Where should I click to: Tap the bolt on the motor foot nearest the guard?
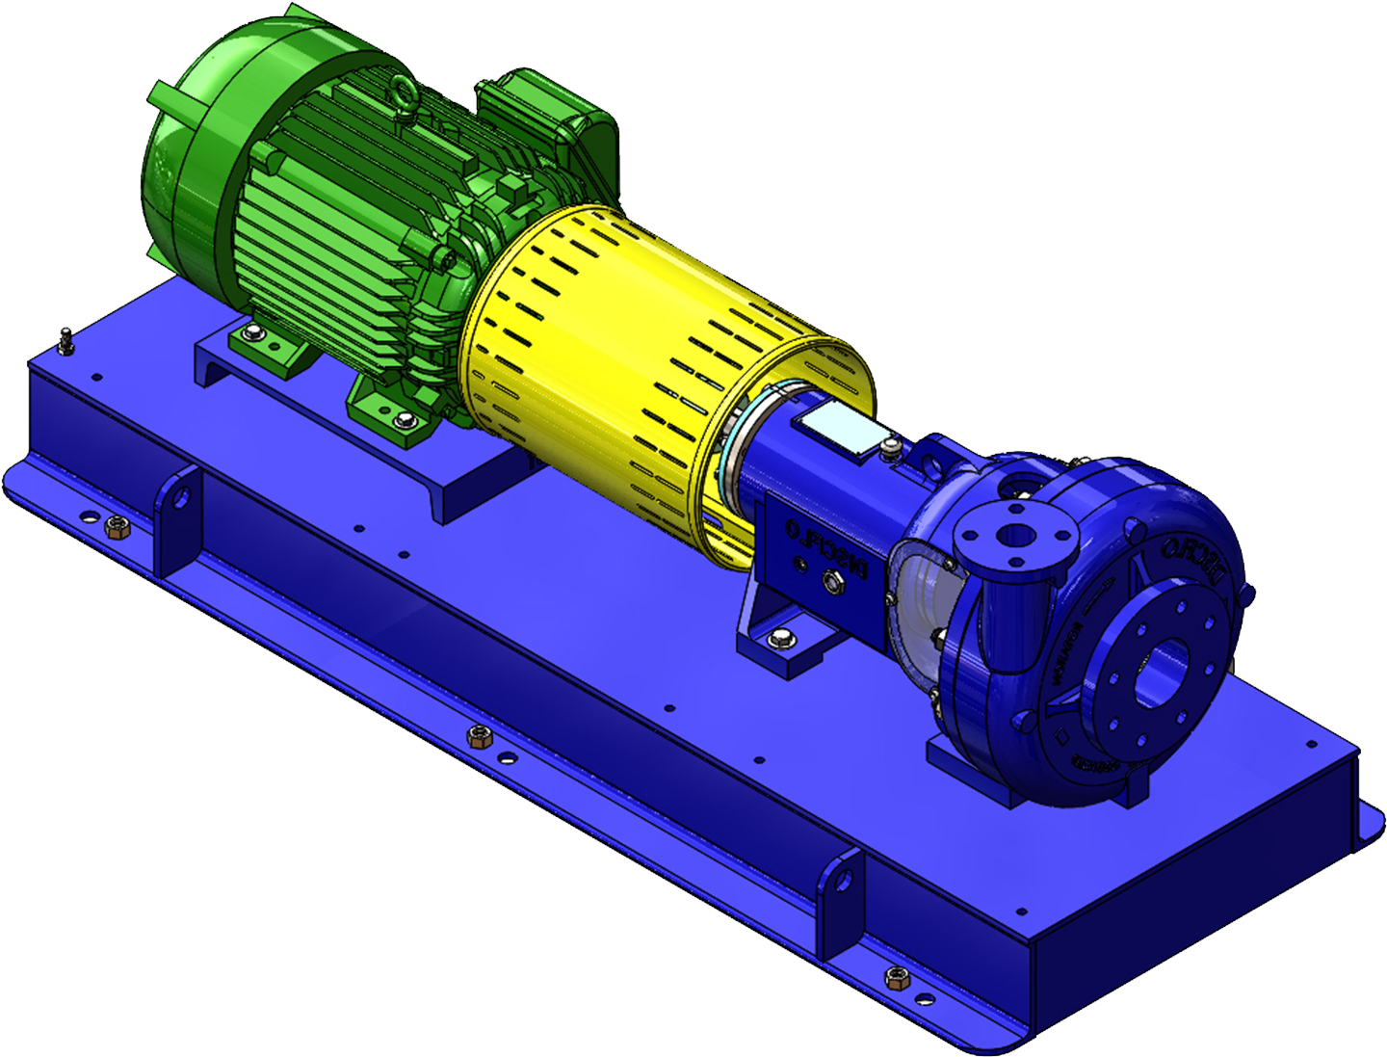(x=402, y=420)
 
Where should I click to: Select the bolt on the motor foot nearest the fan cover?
(x=252, y=333)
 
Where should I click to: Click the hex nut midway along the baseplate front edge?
(x=477, y=738)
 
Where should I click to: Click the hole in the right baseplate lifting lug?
(x=846, y=879)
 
